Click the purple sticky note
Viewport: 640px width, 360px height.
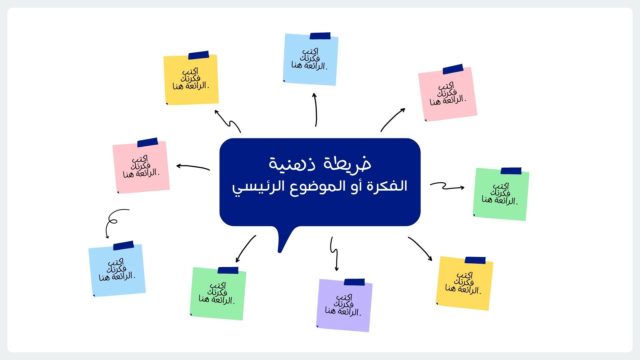344,305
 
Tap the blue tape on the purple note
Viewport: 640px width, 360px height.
354,282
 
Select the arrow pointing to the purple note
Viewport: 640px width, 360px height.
334,254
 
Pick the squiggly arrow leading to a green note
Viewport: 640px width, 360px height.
446,186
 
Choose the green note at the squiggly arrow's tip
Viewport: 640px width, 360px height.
501,194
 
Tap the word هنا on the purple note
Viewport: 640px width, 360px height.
331,311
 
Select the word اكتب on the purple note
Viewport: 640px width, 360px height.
344,297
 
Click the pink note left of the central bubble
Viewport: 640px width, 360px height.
141,166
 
